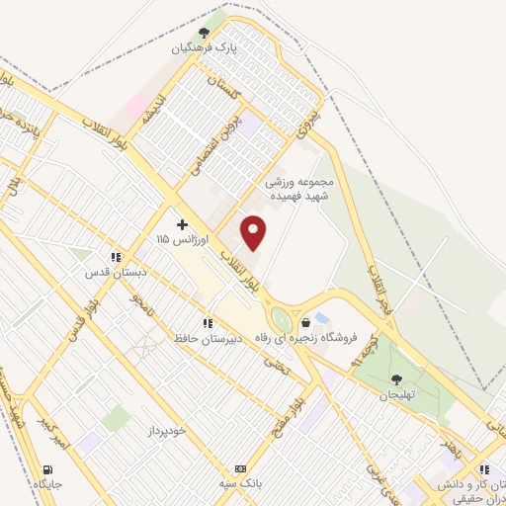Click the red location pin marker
click(x=255, y=232)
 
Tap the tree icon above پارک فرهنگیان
click(x=205, y=33)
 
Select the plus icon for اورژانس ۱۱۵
click(x=181, y=224)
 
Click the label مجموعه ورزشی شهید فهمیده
click(x=301, y=188)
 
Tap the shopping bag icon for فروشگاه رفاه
click(x=305, y=322)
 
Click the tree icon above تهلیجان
click(x=396, y=379)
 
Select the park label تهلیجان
click(x=396, y=395)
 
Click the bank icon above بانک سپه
click(x=240, y=467)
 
